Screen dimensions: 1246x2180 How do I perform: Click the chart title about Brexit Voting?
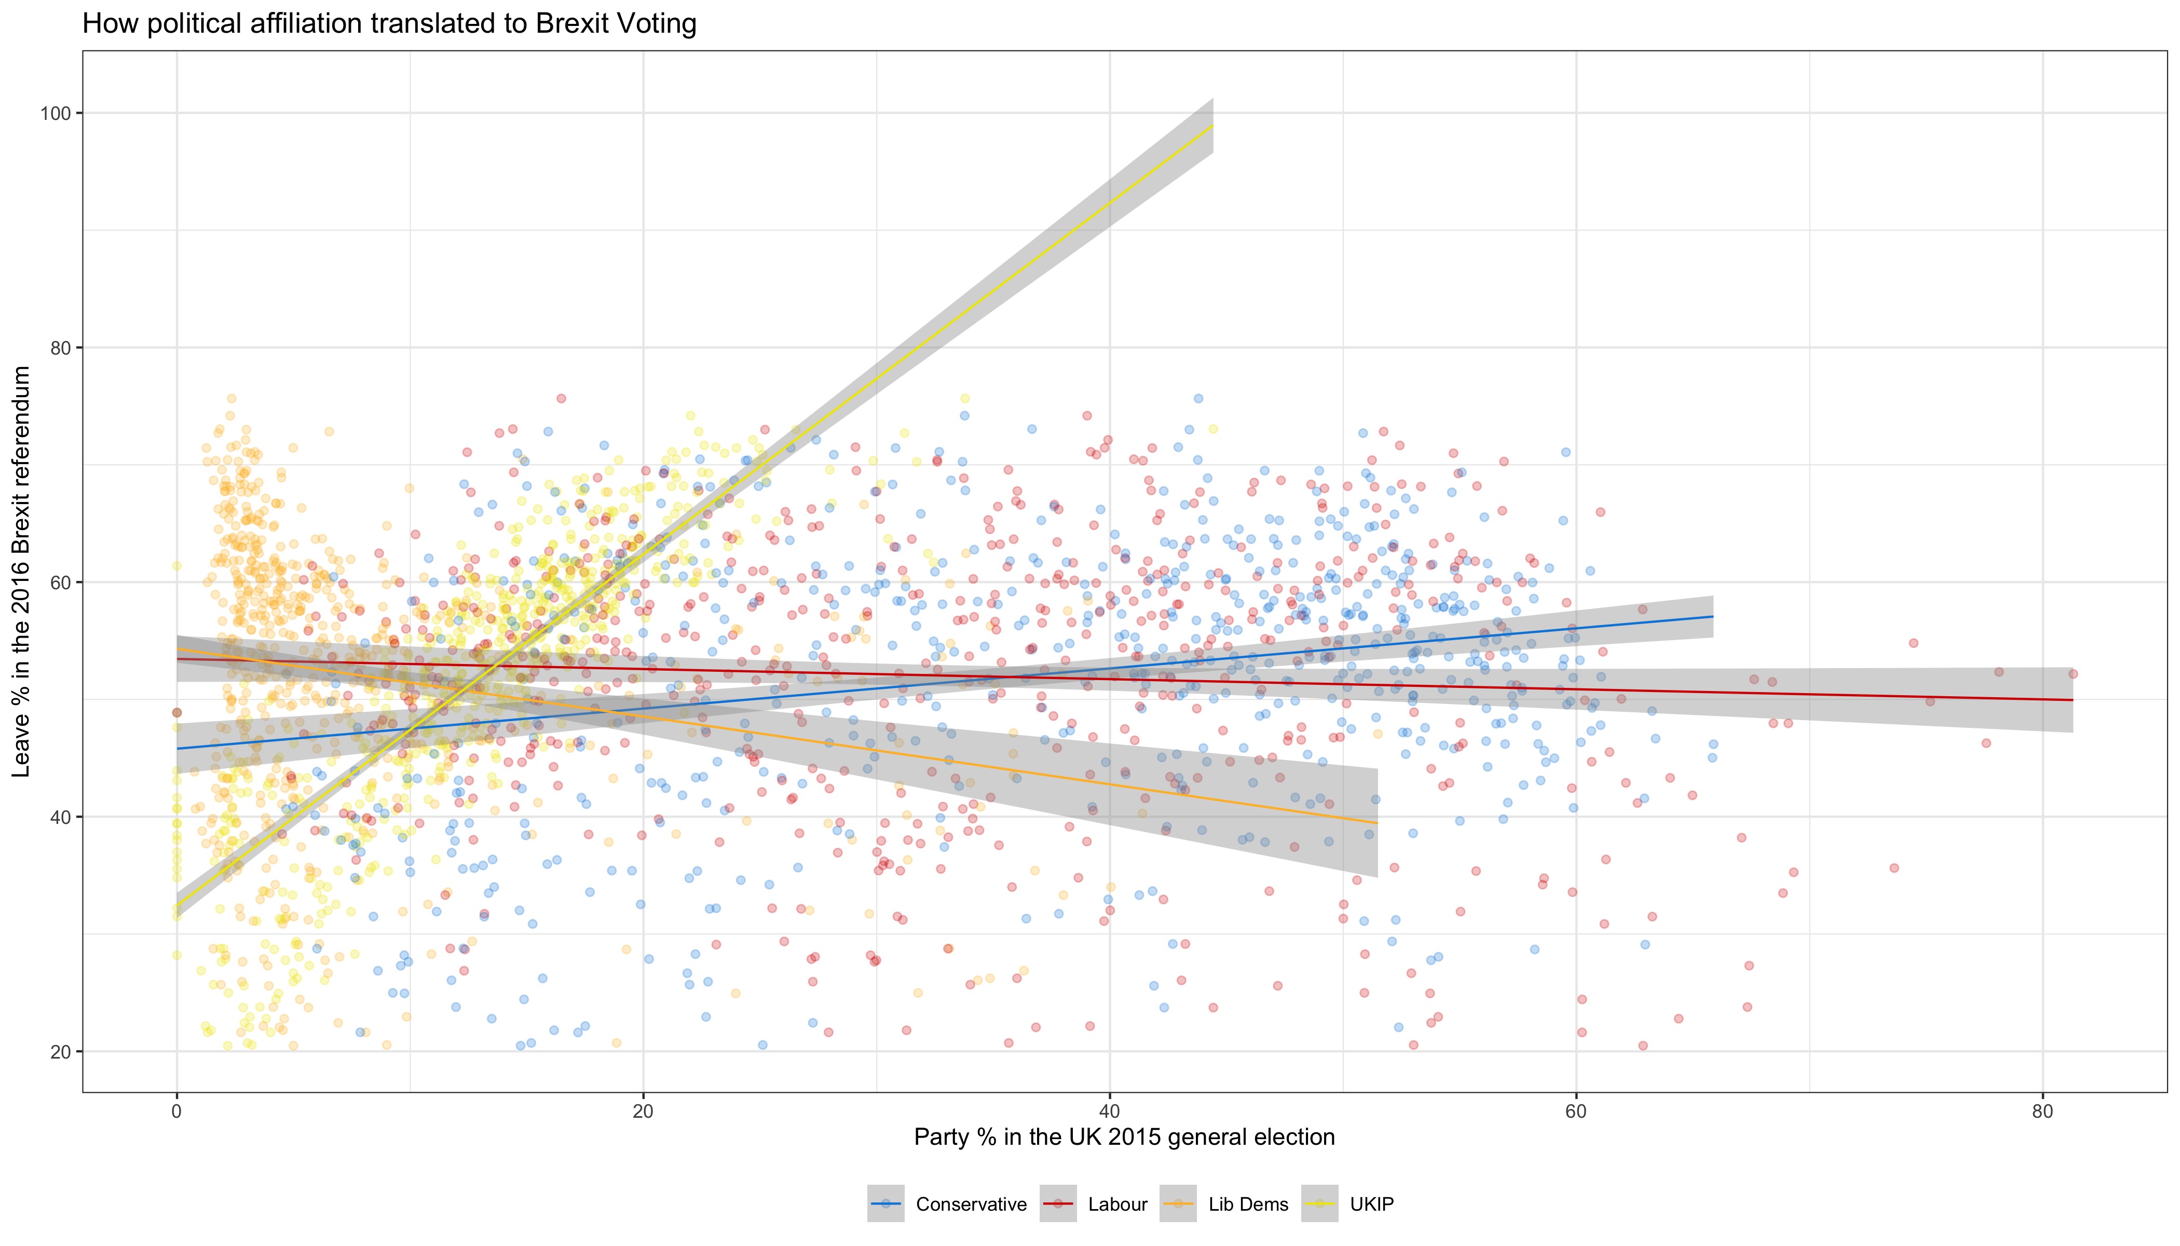click(389, 24)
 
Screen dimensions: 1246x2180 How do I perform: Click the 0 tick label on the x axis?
click(177, 1111)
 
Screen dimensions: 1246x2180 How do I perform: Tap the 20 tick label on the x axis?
click(643, 1111)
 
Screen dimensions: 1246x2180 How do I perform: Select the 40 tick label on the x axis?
click(1110, 1111)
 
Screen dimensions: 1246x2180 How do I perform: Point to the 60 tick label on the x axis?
click(1576, 1111)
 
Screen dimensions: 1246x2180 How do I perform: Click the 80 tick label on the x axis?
click(2042, 1111)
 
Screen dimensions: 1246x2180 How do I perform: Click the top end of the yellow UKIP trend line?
click(1212, 127)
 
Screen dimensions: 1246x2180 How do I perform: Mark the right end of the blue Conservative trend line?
click(1712, 616)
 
